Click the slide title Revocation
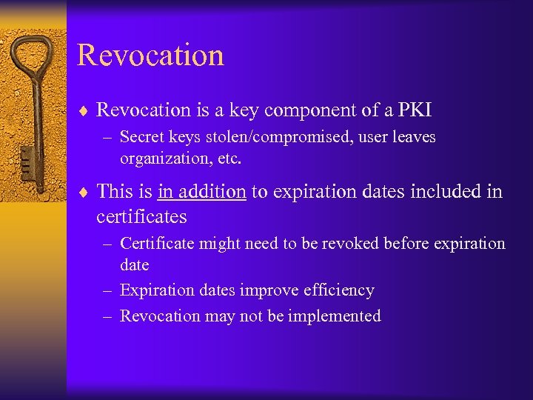[x=150, y=56]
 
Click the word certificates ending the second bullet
[x=141, y=217]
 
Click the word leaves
[x=411, y=137]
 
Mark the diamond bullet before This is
[x=84, y=193]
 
